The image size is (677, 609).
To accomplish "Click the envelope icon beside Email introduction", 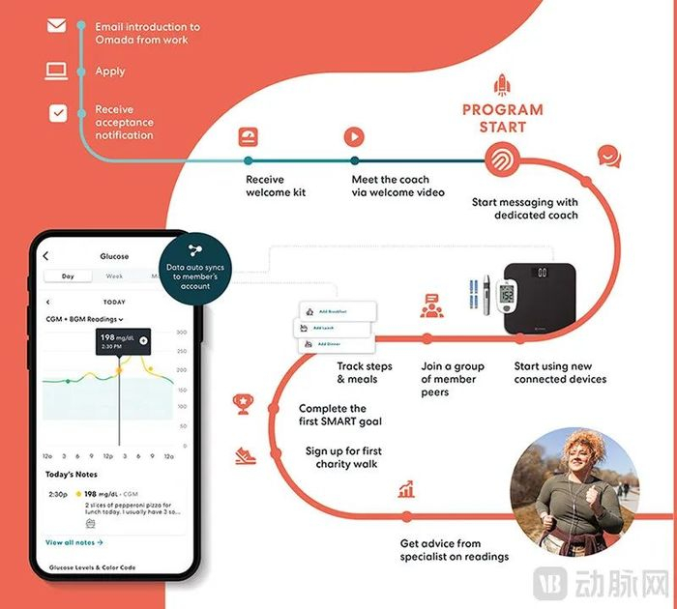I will (x=57, y=26).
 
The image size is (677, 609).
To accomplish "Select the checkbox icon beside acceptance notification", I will (x=58, y=113).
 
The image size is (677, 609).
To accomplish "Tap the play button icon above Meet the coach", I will (x=355, y=137).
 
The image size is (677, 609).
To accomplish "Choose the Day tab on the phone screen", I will (x=68, y=276).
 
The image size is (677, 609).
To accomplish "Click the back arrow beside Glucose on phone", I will (x=45, y=256).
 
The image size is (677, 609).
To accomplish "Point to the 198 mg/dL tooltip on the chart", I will (x=121, y=340).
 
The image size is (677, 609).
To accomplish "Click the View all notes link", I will (x=74, y=542).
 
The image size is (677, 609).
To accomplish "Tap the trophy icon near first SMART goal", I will (x=242, y=402).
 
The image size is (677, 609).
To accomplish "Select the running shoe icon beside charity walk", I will (x=243, y=454).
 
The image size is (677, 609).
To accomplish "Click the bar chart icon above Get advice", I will (x=406, y=490).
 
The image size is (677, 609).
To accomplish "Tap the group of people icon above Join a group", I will (x=431, y=306).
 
